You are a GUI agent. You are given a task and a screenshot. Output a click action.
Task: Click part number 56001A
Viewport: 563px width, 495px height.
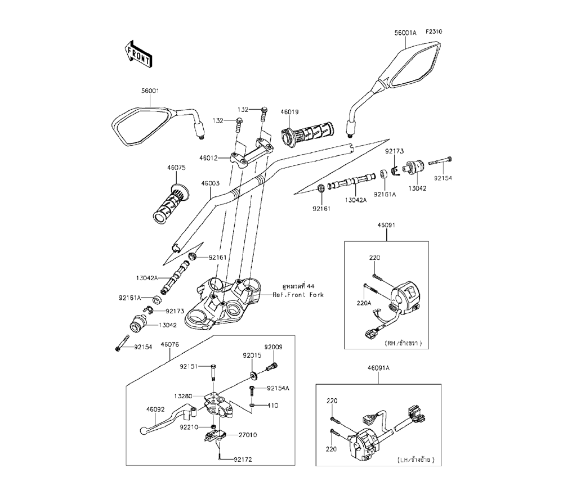(405, 33)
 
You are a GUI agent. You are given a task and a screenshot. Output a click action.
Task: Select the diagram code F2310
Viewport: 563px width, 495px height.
(434, 32)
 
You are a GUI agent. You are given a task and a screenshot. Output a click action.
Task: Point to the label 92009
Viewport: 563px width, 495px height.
(273, 347)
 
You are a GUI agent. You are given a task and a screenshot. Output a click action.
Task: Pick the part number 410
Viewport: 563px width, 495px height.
(272, 405)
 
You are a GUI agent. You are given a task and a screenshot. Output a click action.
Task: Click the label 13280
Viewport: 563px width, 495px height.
(183, 396)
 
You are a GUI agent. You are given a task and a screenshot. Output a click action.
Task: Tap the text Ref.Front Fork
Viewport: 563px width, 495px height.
(298, 294)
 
